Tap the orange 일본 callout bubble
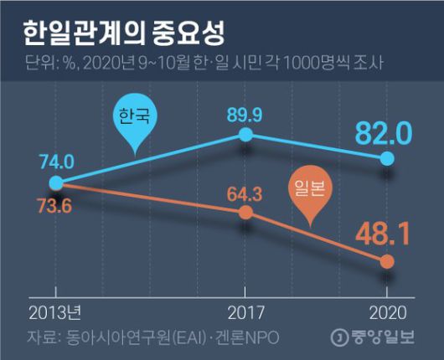tap(312, 190)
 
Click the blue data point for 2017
tap(245, 134)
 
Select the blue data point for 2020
tap(386, 158)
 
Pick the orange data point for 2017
tap(245, 213)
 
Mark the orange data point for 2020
tap(386, 262)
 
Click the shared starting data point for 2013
tap(55, 183)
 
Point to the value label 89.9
tap(245, 111)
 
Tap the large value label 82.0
tap(382, 131)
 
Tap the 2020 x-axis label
tap(386, 314)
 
